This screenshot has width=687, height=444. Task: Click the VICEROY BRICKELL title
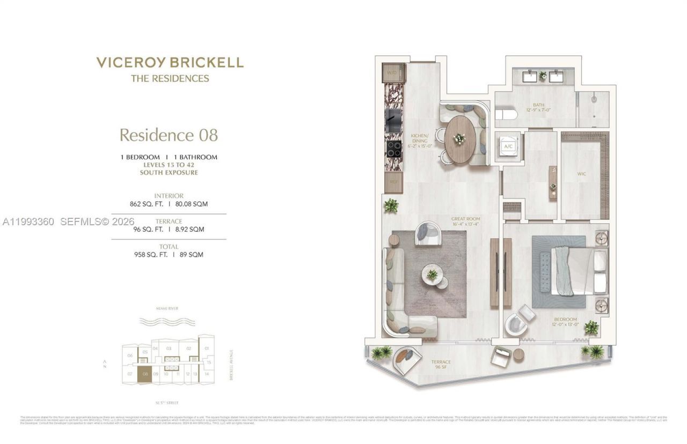pyautogui.click(x=170, y=62)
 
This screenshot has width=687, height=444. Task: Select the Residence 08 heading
pyautogui.click(x=169, y=135)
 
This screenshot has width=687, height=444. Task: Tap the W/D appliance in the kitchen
pyautogui.click(x=393, y=72)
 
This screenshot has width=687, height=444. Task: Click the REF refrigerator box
pyautogui.click(x=393, y=182)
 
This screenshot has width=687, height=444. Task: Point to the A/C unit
pyautogui.click(x=508, y=146)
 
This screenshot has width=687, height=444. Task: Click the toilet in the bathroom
pyautogui.click(x=506, y=114)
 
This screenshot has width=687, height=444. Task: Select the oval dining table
pyautogui.click(x=460, y=139)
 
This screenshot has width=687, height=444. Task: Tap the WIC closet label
pyautogui.click(x=581, y=174)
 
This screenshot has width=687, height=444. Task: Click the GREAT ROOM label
pyautogui.click(x=465, y=219)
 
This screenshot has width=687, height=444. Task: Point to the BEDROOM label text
pyautogui.click(x=566, y=320)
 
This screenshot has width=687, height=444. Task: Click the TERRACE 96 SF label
pyautogui.click(x=441, y=365)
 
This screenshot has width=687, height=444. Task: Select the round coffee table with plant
pyautogui.click(x=432, y=275)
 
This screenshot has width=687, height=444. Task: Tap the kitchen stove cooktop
pyautogui.click(x=393, y=148)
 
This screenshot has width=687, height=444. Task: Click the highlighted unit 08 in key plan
pyautogui.click(x=144, y=375)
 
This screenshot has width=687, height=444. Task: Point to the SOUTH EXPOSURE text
pyautogui.click(x=169, y=173)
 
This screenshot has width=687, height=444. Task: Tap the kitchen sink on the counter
pyautogui.click(x=393, y=120)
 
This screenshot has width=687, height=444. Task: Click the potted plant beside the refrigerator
pyautogui.click(x=391, y=205)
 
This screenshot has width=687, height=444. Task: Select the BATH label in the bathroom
pyautogui.click(x=538, y=105)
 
